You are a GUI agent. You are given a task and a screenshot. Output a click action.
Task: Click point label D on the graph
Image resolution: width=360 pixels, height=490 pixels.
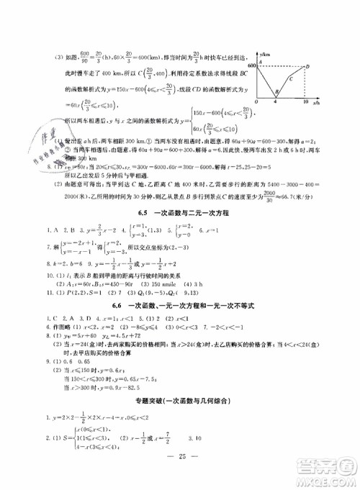coord(308,66)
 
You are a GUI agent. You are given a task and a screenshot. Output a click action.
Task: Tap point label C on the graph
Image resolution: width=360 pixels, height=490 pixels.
coord(290,78)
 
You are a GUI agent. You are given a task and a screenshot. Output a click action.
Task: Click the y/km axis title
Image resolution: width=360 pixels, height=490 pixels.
coord(265,54)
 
